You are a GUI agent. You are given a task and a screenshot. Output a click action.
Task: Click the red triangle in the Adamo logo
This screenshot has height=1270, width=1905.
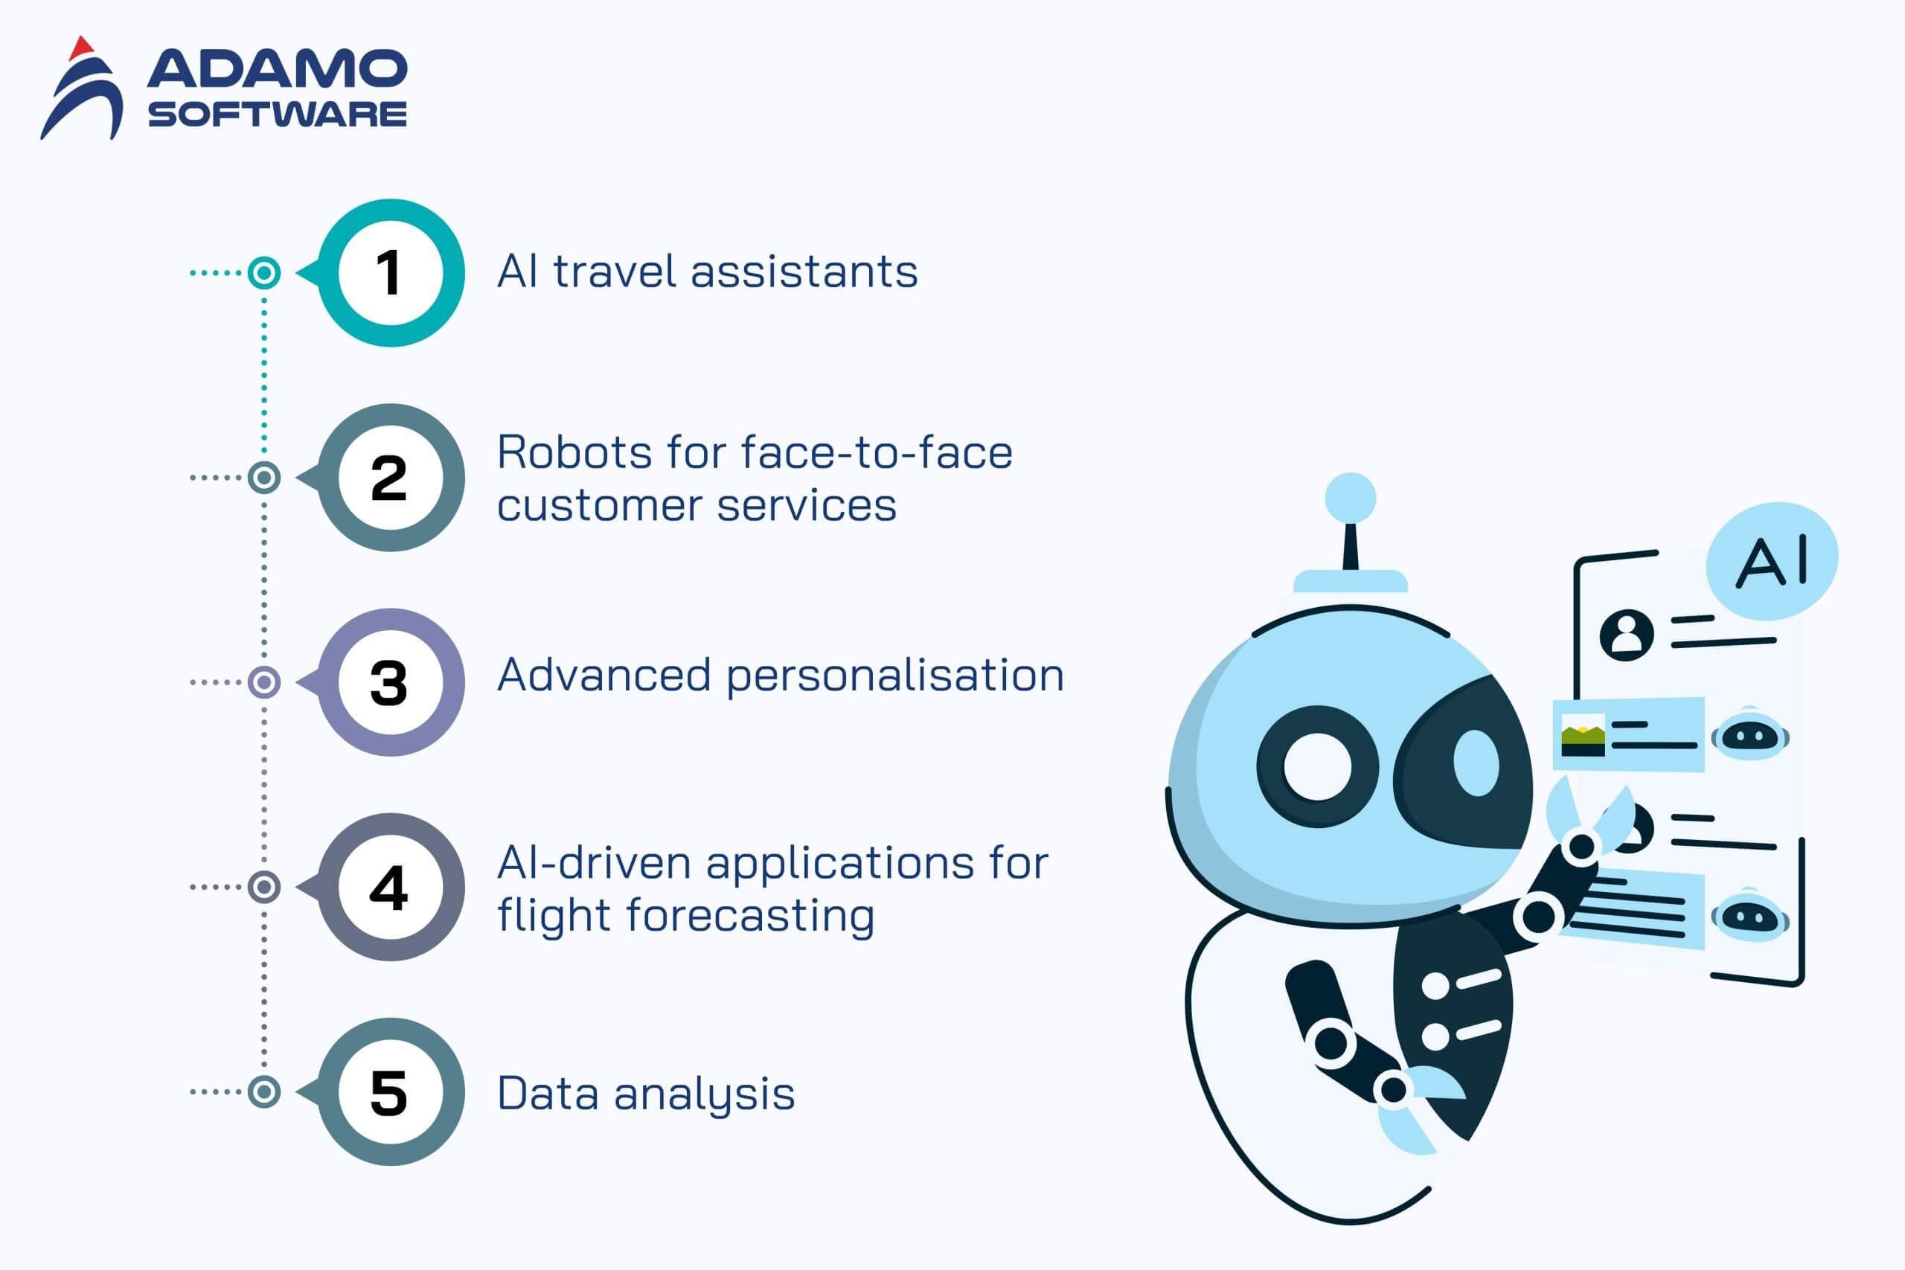(x=81, y=48)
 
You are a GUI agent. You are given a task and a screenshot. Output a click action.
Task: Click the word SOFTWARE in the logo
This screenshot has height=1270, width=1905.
(x=277, y=114)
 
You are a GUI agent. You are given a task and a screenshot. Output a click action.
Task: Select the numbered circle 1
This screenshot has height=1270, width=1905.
(x=391, y=273)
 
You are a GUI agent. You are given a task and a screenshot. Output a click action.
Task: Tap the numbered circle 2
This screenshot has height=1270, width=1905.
(x=391, y=478)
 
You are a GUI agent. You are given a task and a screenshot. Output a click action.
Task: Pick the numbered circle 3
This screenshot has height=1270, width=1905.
(x=391, y=683)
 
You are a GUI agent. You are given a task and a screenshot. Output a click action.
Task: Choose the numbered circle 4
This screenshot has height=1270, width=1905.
(x=391, y=888)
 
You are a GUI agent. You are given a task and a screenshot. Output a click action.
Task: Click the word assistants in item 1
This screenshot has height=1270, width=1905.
(x=804, y=272)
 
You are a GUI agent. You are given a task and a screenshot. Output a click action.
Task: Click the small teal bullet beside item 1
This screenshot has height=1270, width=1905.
(x=264, y=273)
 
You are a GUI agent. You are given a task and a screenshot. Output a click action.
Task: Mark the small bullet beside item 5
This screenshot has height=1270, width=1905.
(x=264, y=1091)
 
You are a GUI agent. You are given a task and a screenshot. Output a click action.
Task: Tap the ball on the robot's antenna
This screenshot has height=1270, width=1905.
(x=1350, y=498)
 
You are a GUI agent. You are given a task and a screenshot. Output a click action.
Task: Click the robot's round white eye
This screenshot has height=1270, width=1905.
(x=1318, y=766)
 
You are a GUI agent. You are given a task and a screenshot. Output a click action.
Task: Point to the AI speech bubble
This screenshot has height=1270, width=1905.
(x=1772, y=560)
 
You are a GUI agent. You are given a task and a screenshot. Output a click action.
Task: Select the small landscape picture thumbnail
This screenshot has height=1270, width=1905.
(x=1584, y=735)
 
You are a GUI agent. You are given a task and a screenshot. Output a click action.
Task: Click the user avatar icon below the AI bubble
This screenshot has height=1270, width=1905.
(x=1627, y=635)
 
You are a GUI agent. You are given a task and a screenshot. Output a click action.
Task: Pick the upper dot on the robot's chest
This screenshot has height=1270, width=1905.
(x=1435, y=986)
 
